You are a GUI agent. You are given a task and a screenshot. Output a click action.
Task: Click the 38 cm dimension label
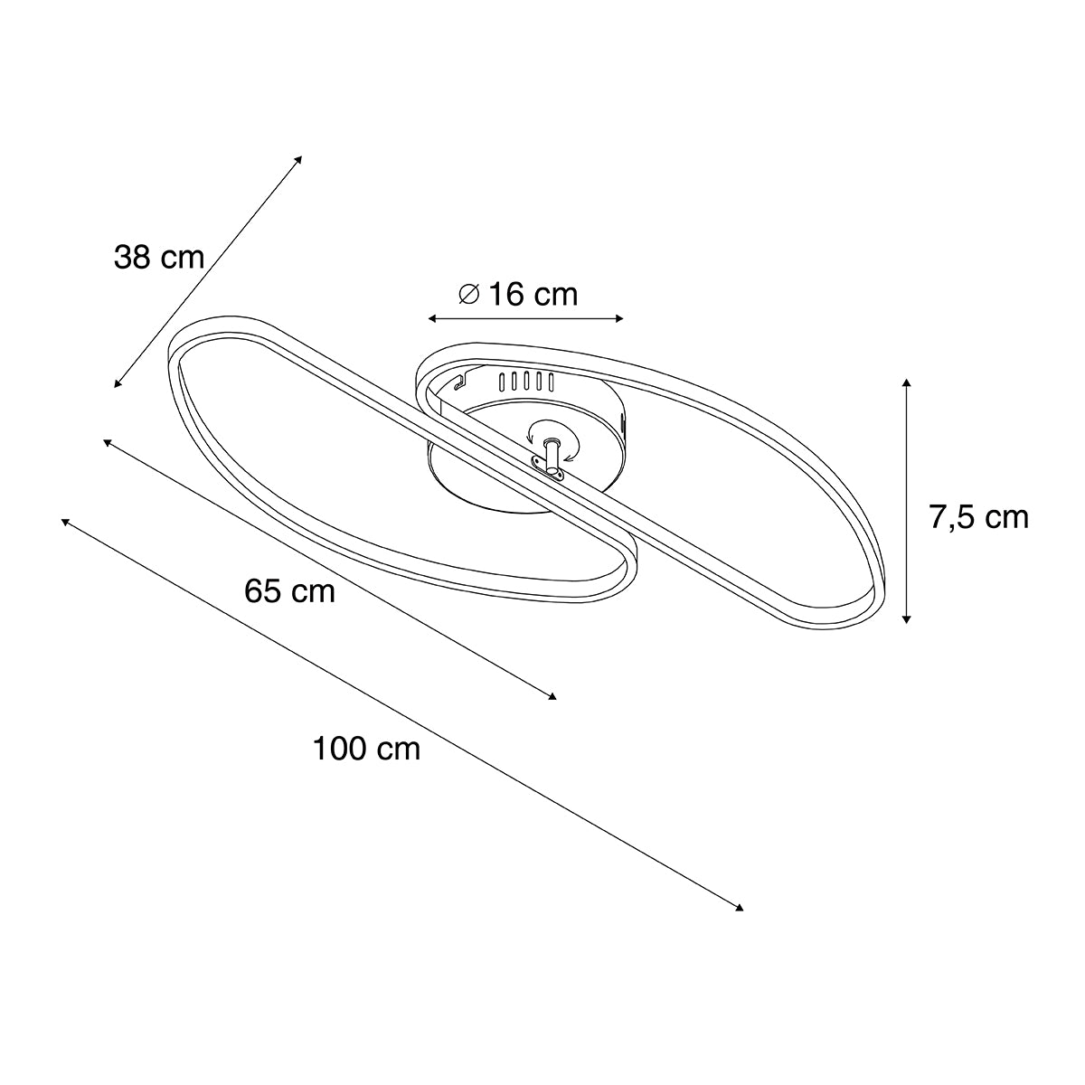(159, 258)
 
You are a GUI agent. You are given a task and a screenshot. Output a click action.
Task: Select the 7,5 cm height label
(978, 517)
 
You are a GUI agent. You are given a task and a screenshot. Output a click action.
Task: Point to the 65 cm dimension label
(289, 591)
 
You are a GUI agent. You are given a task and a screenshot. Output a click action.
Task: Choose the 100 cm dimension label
(366, 749)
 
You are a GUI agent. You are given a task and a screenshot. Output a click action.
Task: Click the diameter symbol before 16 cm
(468, 294)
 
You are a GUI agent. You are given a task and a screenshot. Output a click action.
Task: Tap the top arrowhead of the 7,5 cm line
(907, 383)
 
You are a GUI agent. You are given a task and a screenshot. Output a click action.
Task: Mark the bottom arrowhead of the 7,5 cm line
(907, 618)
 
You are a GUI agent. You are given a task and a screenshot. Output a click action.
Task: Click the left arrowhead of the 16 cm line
(432, 318)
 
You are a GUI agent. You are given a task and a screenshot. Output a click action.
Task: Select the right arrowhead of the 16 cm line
(619, 318)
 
